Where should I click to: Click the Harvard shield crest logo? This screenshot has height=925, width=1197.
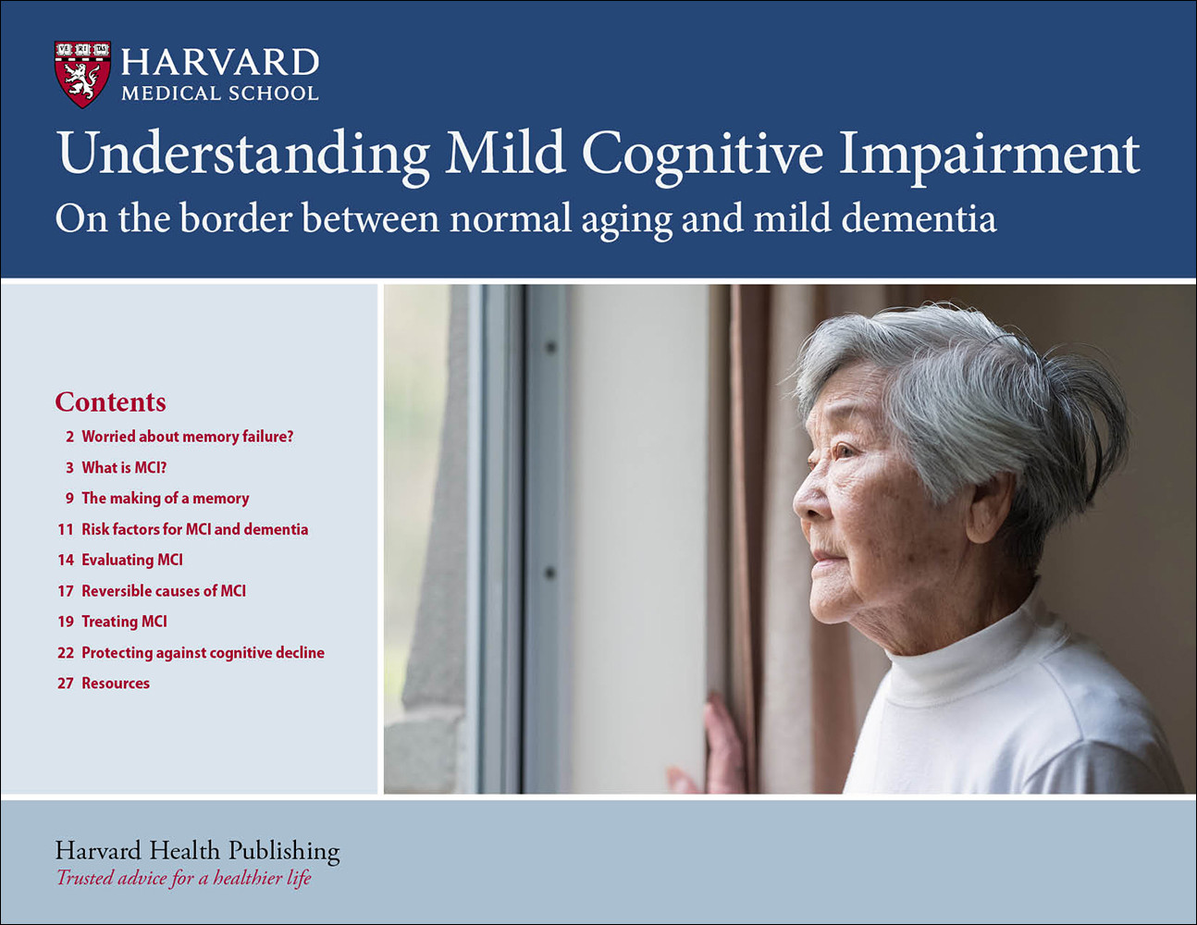click(x=82, y=74)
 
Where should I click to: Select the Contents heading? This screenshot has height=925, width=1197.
click(x=110, y=401)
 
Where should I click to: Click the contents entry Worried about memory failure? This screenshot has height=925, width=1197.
click(x=187, y=437)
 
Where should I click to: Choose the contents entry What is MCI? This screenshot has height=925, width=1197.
click(x=124, y=467)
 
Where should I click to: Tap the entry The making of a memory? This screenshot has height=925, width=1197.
click(x=165, y=499)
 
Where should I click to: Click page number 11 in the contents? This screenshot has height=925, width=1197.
click(x=65, y=529)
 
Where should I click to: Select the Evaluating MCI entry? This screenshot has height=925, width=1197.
click(x=132, y=560)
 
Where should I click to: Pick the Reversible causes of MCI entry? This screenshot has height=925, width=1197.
click(x=164, y=591)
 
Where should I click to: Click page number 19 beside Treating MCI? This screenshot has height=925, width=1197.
click(x=65, y=622)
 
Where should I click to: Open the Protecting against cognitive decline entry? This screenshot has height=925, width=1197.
click(x=203, y=652)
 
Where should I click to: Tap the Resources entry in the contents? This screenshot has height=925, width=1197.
click(x=115, y=684)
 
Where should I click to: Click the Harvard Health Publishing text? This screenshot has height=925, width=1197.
click(x=197, y=850)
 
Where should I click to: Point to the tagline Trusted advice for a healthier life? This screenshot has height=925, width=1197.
click(x=183, y=878)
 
